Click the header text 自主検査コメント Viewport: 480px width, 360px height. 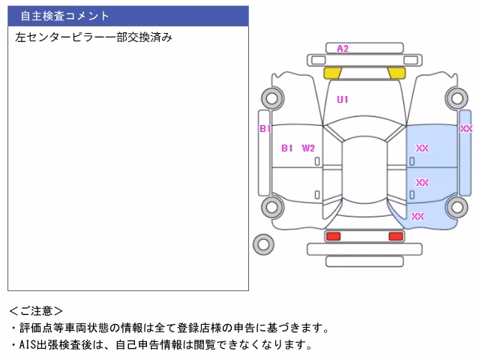64,16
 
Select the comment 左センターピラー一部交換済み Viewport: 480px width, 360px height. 94,37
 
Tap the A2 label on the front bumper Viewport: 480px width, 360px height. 343,49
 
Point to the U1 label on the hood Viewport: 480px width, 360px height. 342,100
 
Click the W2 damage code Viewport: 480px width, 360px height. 308,148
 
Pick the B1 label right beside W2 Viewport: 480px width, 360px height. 286,148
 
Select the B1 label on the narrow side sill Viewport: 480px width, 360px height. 265,128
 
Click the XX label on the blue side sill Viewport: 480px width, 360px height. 466,128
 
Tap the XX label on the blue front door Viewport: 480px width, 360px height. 421,148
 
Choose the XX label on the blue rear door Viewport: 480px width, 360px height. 421,183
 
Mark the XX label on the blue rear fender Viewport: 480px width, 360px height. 418,217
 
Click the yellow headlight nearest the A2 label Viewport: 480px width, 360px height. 332,73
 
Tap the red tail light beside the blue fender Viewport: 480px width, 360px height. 395,236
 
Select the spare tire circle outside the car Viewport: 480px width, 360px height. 263,244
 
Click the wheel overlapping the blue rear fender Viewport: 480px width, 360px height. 457,207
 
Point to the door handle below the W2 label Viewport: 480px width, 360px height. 317,161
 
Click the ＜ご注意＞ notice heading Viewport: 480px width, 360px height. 36,311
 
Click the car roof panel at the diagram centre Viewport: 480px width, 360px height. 364,170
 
